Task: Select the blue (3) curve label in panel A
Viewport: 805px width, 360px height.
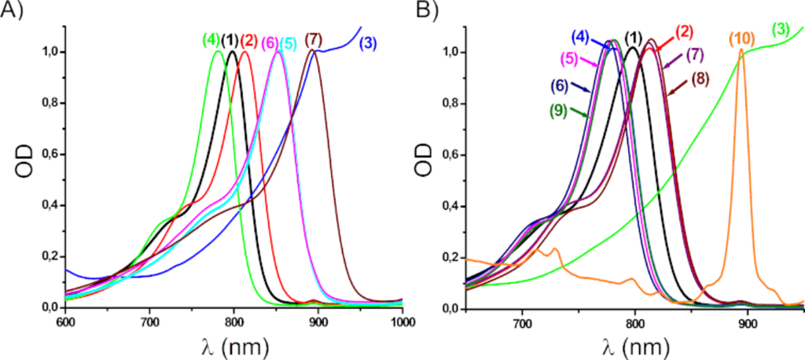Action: click(370, 44)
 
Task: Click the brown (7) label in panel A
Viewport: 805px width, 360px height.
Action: click(313, 39)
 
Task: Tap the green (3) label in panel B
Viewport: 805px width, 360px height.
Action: click(781, 30)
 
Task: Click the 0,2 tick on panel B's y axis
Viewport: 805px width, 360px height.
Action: click(448, 256)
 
